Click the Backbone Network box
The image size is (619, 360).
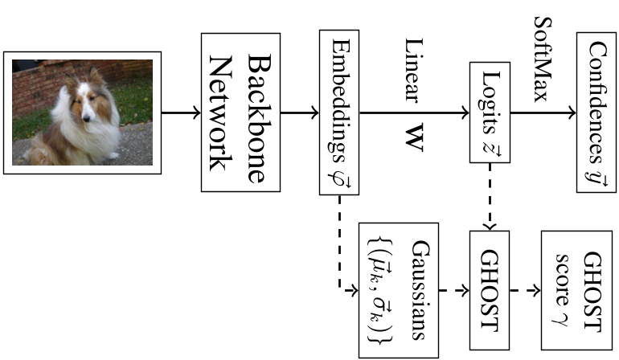pos(240,112)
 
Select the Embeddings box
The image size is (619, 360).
pos(339,112)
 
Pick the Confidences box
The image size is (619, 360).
pos(596,113)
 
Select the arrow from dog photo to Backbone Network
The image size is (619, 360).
pos(180,113)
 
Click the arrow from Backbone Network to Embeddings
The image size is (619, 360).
pos(299,113)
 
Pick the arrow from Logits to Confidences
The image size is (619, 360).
pos(543,113)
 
